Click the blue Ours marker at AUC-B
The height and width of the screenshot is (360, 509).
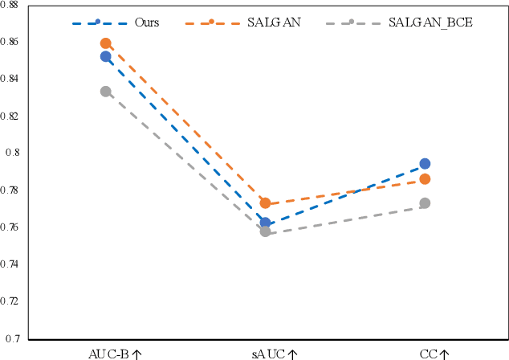(106, 56)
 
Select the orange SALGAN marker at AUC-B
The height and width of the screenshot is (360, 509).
(106, 43)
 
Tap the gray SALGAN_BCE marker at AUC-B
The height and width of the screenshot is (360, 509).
(106, 92)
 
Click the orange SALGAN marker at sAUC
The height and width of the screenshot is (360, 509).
(265, 203)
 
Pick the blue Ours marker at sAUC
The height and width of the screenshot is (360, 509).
(265, 222)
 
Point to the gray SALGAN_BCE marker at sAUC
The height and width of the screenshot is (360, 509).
(265, 231)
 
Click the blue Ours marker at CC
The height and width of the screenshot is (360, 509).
(425, 164)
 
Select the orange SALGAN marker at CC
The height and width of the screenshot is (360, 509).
(425, 178)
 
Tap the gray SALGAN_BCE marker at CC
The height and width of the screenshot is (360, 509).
(425, 203)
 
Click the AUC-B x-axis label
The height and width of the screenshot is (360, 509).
(115, 352)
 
